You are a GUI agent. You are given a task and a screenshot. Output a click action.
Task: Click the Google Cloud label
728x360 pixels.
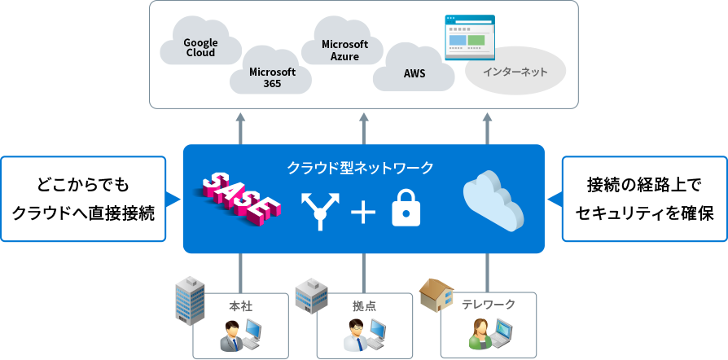(200, 47)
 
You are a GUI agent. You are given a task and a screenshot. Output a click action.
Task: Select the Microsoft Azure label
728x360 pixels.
(344, 50)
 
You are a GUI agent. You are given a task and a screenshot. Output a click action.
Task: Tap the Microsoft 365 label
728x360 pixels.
(272, 77)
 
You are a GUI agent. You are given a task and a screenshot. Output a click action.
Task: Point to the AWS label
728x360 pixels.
(414, 73)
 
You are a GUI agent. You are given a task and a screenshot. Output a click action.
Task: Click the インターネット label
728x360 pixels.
(515, 72)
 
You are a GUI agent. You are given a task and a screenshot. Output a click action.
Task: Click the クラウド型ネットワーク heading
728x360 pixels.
(359, 168)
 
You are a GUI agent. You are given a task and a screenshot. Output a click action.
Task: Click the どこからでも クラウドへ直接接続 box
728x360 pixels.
(83, 199)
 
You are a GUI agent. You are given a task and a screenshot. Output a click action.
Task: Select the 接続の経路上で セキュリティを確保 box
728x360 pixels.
(644, 199)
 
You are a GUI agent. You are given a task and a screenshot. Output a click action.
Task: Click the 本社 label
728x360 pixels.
(240, 305)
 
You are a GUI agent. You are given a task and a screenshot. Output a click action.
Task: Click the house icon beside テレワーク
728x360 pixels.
(436, 296)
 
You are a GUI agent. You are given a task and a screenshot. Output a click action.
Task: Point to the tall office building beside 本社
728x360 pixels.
(191, 301)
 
